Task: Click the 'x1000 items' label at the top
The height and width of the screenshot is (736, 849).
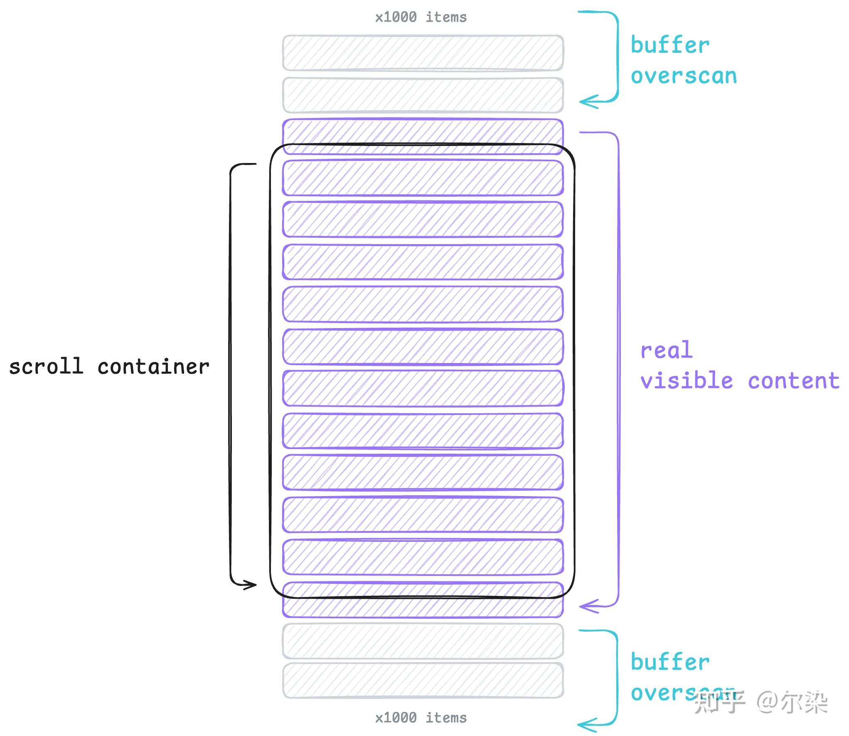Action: pos(421,17)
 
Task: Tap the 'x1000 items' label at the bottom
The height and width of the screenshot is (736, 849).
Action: pos(421,718)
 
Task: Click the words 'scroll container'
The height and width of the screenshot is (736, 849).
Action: pos(109,367)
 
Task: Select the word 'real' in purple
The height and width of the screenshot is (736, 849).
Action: pos(666,350)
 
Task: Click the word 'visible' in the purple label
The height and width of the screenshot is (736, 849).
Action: pos(687,381)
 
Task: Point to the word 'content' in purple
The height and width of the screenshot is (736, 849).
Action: pos(793,381)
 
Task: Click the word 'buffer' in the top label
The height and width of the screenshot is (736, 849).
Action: pos(670,45)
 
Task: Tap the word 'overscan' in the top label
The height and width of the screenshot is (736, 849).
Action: pos(684,76)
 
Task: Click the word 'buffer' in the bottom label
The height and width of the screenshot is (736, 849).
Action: pos(670,662)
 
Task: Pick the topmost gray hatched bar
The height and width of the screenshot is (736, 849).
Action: pos(423,53)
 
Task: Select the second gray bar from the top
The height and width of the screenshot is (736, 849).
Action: pos(423,95)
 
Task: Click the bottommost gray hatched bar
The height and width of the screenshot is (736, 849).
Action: pos(423,680)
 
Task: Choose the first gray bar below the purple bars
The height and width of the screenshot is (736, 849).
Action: pos(423,641)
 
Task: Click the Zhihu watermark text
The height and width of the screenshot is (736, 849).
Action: pos(761,702)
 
